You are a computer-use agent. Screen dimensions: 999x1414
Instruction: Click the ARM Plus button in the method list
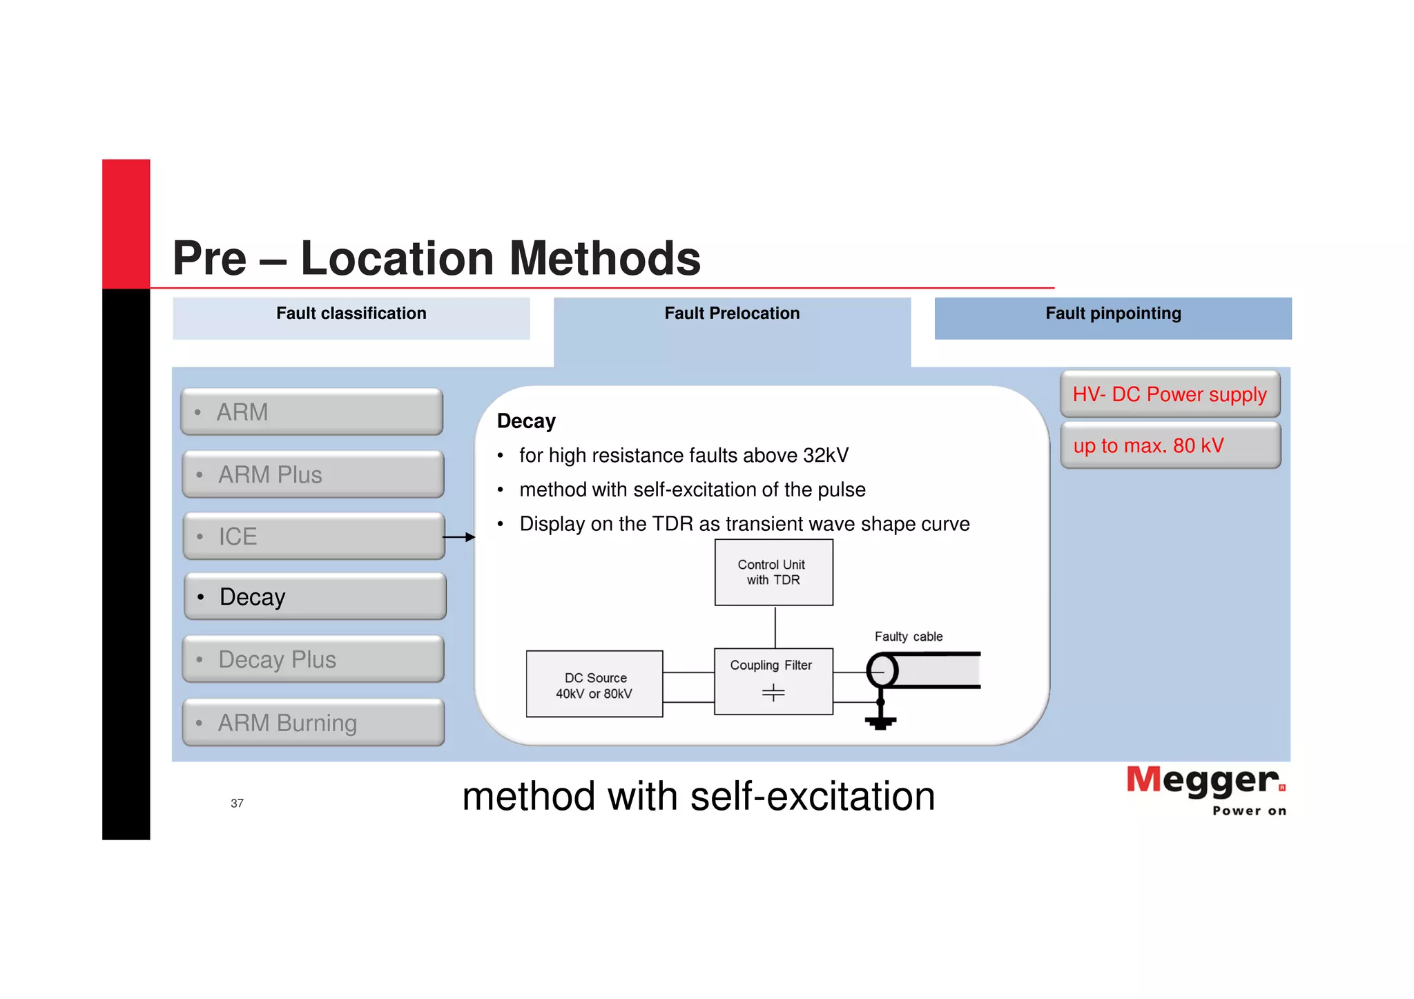(313, 474)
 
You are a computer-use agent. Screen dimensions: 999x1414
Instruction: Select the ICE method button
(313, 536)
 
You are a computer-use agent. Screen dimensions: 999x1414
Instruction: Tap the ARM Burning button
(313, 722)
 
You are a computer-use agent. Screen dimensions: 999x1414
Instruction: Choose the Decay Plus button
(313, 659)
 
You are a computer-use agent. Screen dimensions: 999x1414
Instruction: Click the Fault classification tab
(351, 314)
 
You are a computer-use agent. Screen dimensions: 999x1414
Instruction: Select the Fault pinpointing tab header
(1112, 314)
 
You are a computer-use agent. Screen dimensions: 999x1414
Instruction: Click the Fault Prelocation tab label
(732, 314)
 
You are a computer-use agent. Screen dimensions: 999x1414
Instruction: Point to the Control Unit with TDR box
(773, 572)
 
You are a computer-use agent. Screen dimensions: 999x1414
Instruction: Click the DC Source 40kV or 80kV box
(594, 684)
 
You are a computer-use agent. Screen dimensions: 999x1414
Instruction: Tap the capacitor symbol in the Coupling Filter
(773, 692)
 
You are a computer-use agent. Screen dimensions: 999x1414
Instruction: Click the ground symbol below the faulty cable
(880, 722)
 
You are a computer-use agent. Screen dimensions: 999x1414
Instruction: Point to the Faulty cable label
(908, 637)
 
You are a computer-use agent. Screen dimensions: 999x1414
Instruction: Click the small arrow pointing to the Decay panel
(459, 537)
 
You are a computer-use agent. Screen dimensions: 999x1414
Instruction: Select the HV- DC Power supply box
(1170, 394)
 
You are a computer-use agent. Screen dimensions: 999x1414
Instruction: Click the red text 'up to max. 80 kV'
(1148, 446)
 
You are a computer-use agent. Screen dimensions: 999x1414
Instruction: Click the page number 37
(237, 804)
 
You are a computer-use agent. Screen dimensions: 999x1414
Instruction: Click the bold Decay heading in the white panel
(526, 421)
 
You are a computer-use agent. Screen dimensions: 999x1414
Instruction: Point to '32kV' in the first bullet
(826, 456)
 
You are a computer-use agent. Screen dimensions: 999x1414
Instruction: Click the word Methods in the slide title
(605, 259)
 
